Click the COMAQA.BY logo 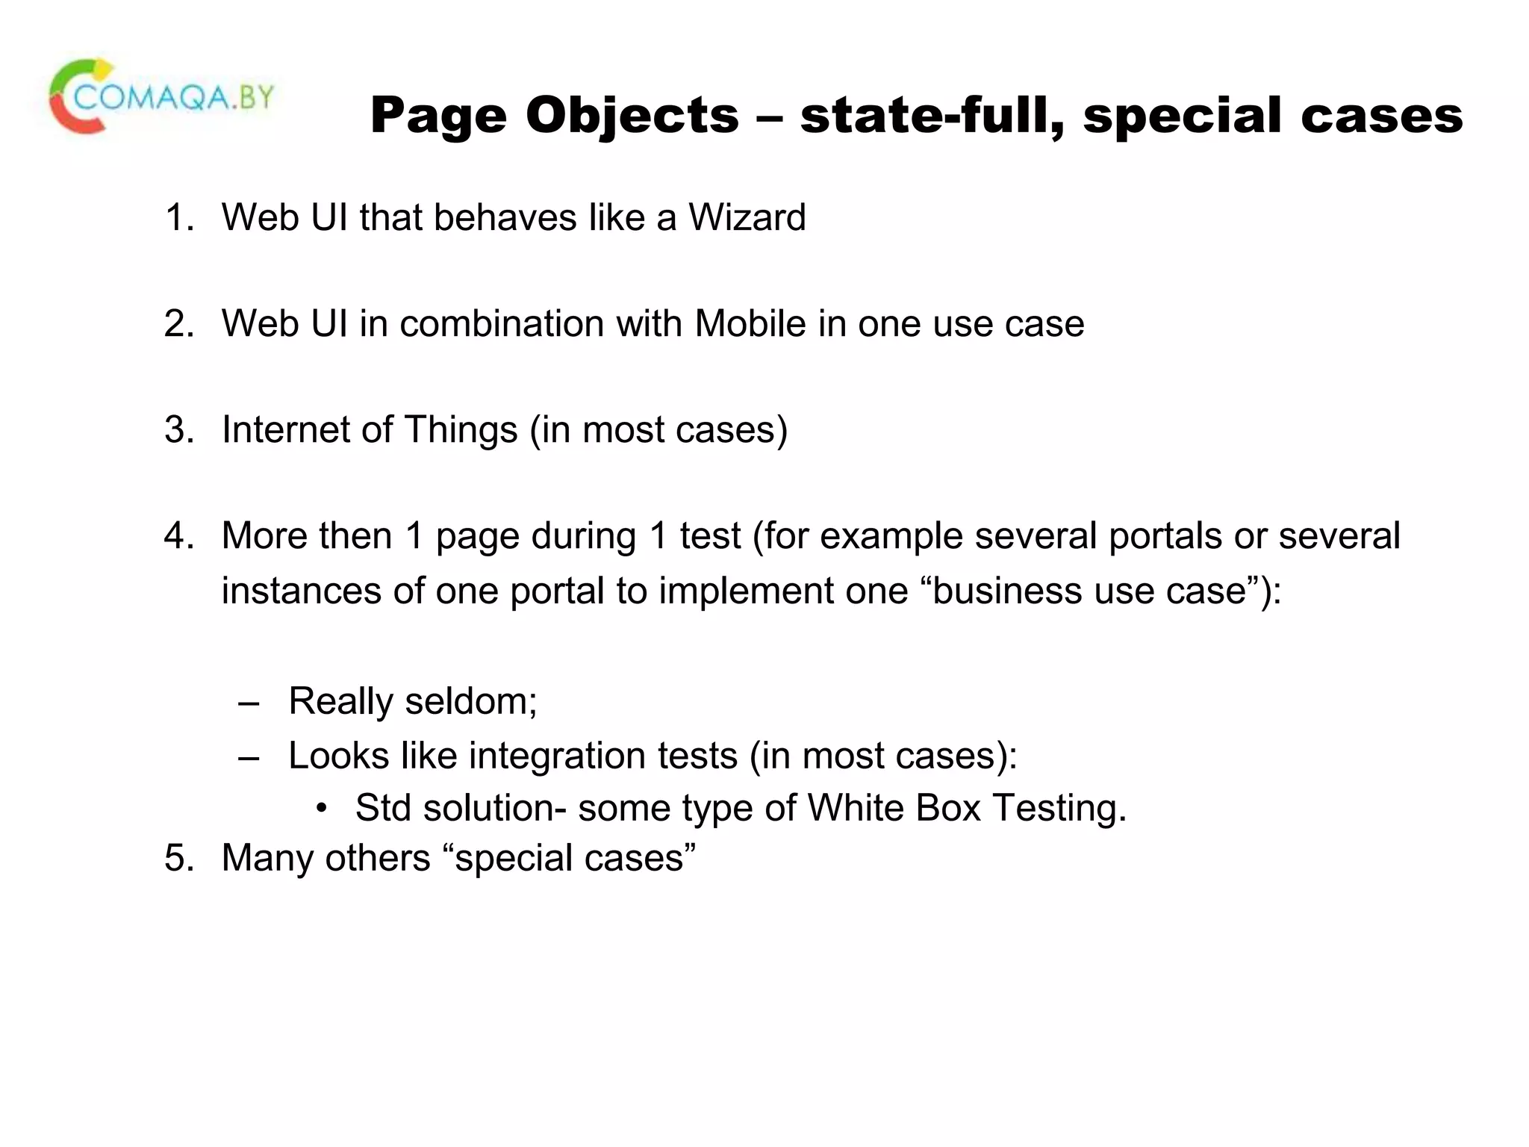[161, 98]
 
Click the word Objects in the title [632, 116]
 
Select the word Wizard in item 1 [747, 218]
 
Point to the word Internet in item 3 [285, 430]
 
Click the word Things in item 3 [461, 430]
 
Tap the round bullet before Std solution [322, 809]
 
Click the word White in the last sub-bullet [856, 809]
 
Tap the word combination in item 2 [501, 324]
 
